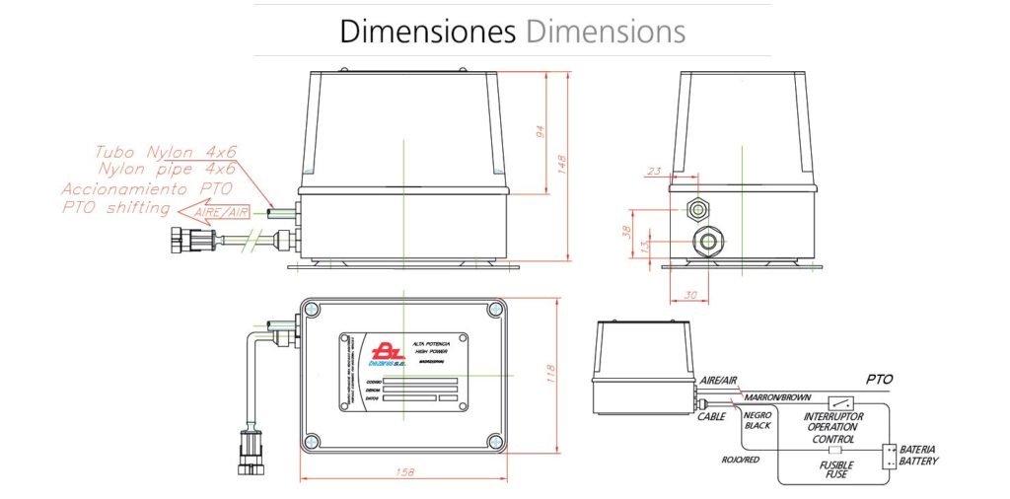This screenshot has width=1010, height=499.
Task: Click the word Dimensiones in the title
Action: click(x=427, y=31)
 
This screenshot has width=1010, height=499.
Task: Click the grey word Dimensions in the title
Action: click(x=606, y=31)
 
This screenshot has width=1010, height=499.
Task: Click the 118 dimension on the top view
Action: click(x=553, y=374)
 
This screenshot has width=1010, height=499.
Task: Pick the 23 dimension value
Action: click(x=652, y=172)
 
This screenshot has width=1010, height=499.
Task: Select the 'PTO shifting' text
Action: click(x=116, y=207)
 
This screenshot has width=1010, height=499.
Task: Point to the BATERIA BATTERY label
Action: click(x=918, y=456)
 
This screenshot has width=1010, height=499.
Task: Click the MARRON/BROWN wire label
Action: click(x=777, y=397)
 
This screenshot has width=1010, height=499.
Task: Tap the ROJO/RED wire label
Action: click(x=741, y=459)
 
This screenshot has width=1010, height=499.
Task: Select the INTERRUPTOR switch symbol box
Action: click(x=841, y=402)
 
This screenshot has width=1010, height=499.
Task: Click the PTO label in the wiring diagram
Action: click(x=878, y=379)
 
